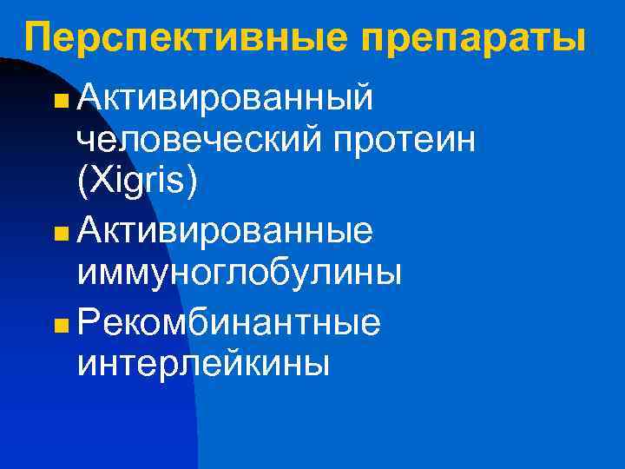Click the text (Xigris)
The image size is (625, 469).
click(137, 182)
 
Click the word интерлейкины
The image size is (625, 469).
click(203, 364)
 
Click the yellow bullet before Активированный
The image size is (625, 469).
click(58, 102)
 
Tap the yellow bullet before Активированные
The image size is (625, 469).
click(58, 235)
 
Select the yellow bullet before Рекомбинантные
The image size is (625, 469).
click(58, 326)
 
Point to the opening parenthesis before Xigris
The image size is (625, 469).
click(82, 182)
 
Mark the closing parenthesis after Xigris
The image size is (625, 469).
click(192, 182)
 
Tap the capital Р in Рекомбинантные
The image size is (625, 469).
click(87, 322)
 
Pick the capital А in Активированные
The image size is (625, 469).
click(89, 232)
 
